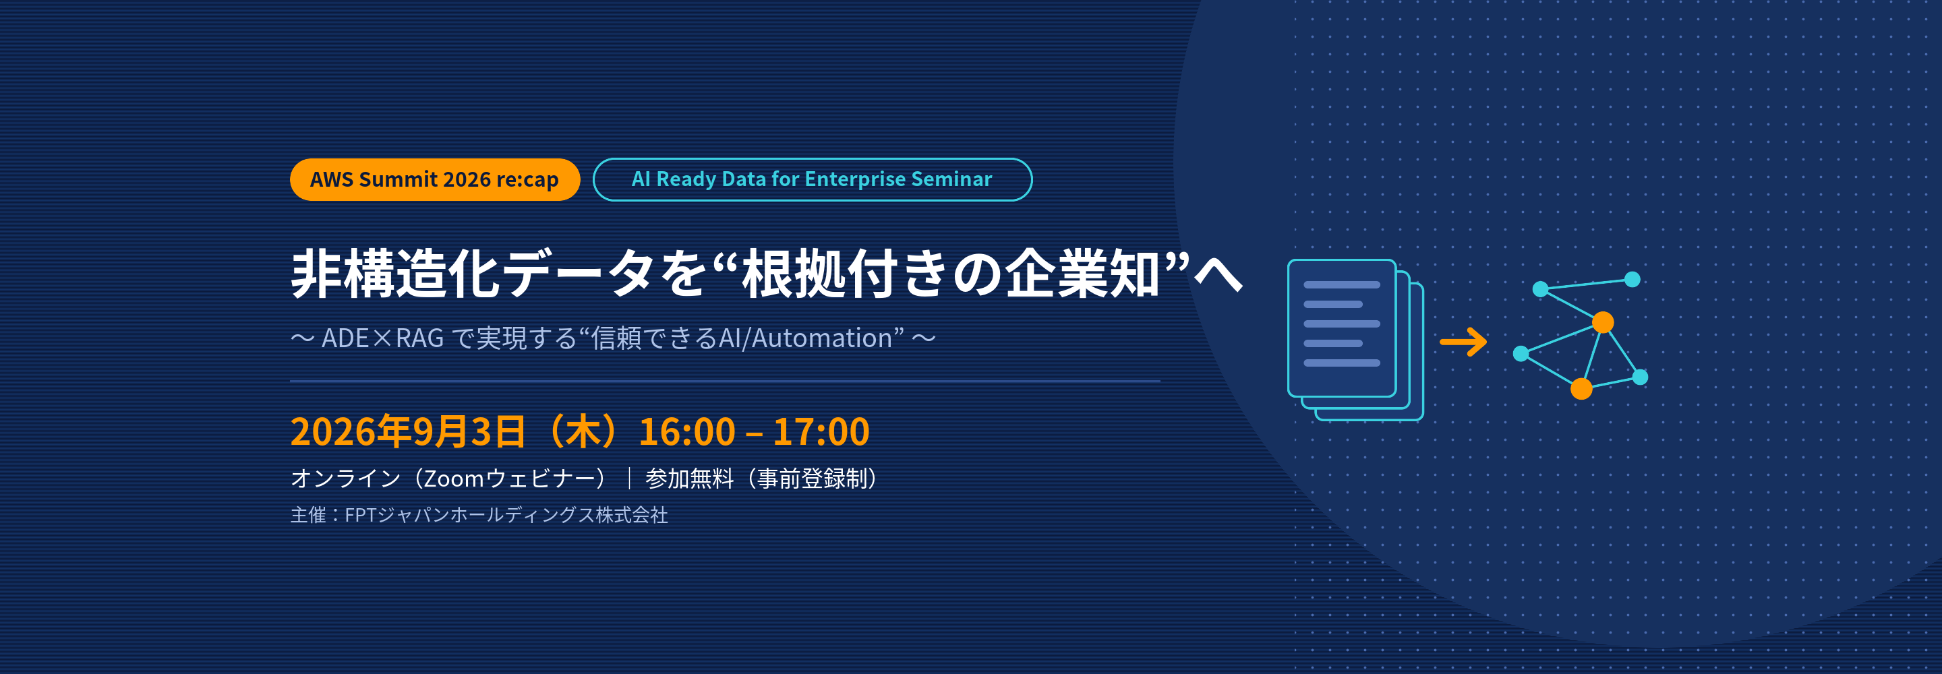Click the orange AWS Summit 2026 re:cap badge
click(435, 179)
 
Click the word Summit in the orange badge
click(398, 179)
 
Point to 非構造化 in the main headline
click(395, 273)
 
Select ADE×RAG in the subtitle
click(382, 338)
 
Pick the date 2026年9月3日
click(408, 432)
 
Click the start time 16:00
click(687, 432)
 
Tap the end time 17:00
click(821, 432)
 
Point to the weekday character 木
click(583, 432)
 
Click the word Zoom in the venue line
click(453, 479)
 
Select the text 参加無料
click(689, 479)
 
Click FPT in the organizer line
click(360, 515)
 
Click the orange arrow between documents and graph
click(1463, 342)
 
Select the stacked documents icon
click(1355, 340)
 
